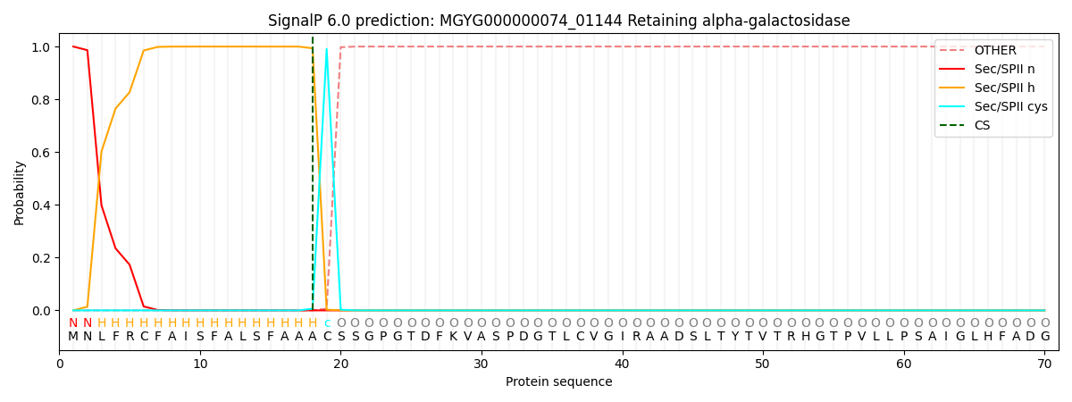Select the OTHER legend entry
(x=995, y=50)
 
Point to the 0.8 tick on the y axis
(x=42, y=100)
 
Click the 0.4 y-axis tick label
(x=42, y=205)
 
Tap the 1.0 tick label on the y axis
(x=42, y=47)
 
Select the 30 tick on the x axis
(x=481, y=364)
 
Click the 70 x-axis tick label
(x=1044, y=364)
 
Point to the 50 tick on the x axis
(x=763, y=364)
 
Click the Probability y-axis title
(x=19, y=193)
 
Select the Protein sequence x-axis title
(x=559, y=382)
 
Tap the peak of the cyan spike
(x=326, y=49)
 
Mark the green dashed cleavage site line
(x=313, y=173)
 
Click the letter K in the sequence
(x=453, y=337)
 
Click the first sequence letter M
(x=73, y=337)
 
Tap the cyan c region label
(x=327, y=323)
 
